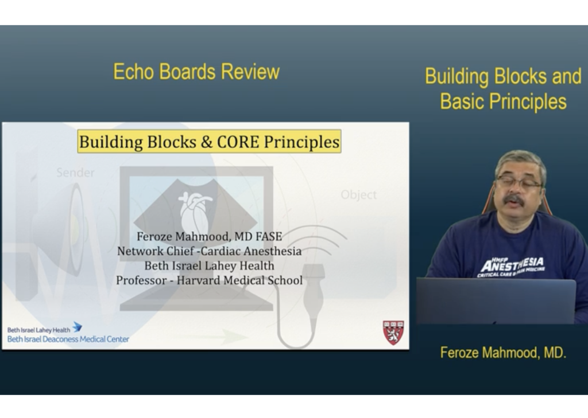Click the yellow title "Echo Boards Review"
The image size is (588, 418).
[x=196, y=72]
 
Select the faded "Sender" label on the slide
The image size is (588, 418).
[x=75, y=172]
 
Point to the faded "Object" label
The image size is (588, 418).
[x=358, y=195]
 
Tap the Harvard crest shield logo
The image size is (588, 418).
[x=393, y=333]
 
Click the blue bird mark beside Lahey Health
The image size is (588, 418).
[x=78, y=327]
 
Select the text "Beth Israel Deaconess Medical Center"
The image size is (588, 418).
[x=68, y=339]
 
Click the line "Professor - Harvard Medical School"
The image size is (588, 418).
[x=209, y=280]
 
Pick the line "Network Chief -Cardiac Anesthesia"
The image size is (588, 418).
[x=209, y=251]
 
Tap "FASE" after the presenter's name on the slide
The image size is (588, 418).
[x=269, y=236]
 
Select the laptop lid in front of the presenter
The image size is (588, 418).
[x=496, y=301]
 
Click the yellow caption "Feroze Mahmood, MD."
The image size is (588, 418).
[x=503, y=353]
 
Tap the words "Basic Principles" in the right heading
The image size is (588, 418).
[x=503, y=101]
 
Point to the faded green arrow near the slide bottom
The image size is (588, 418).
[x=210, y=337]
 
